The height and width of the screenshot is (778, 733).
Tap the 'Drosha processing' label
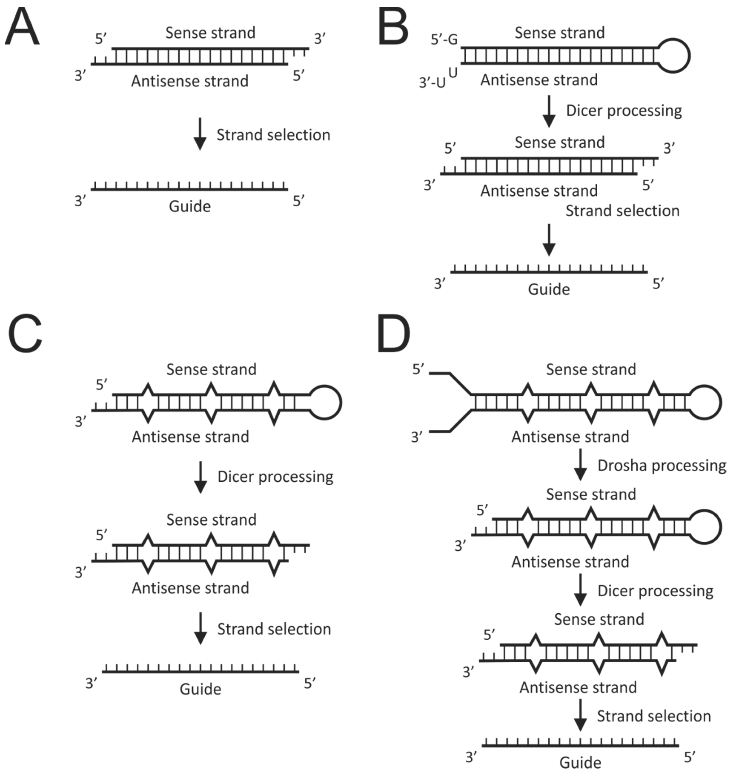[661, 466]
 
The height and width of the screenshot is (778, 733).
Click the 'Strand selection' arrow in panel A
[200, 134]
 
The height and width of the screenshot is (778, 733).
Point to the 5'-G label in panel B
[444, 39]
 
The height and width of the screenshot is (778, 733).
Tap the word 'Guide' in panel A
[190, 206]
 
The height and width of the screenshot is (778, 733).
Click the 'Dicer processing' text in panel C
[275, 477]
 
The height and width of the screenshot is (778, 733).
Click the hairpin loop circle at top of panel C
[325, 403]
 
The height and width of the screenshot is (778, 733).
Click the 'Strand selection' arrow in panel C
[200, 628]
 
